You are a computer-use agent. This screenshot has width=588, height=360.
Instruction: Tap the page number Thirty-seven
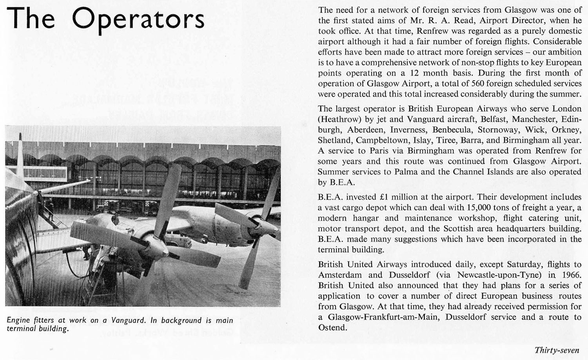point(557,350)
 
